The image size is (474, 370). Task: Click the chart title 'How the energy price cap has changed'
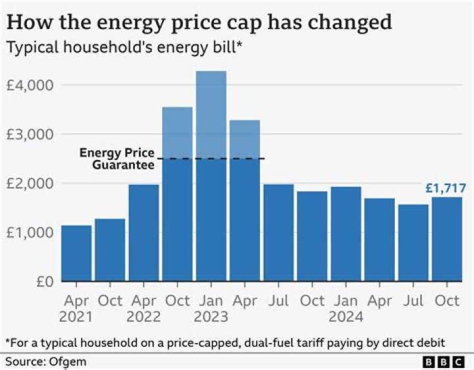pos(199,22)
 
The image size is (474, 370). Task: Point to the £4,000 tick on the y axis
pos(30,85)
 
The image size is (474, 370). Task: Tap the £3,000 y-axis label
pos(30,134)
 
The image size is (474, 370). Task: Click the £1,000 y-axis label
pos(30,232)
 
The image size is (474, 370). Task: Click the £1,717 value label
pos(444,189)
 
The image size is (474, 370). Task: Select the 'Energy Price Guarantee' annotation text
pos(117,159)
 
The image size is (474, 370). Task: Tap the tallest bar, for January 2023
pos(211,178)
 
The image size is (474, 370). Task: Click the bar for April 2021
pos(76,253)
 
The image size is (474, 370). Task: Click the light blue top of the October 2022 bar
pos(177,132)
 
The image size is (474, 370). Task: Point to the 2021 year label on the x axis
pos(76,317)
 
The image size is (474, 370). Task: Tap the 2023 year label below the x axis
pos(211,317)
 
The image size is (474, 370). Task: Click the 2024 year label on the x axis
pos(346,317)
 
